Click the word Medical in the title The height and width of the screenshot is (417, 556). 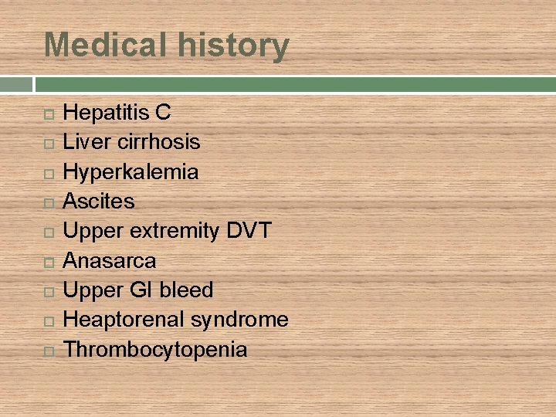(103, 45)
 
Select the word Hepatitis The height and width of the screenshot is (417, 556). (106, 113)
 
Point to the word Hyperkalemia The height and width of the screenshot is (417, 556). (131, 172)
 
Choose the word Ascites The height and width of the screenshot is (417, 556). (98, 202)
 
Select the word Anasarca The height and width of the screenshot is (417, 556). (109, 261)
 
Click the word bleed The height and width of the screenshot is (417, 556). (186, 290)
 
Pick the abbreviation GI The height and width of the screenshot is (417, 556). (141, 290)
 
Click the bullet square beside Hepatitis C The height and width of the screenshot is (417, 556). (49, 114)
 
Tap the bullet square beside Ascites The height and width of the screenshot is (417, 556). (49, 203)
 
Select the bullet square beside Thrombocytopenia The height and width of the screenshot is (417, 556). (49, 351)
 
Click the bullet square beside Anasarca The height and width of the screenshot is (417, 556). (49, 263)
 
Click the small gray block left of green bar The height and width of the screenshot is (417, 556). (16, 84)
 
